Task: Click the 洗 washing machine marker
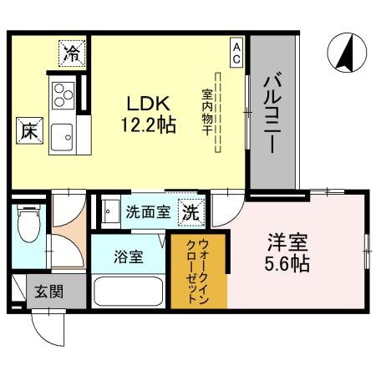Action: click(191, 212)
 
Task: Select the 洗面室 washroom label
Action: click(148, 212)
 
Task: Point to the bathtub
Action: click(129, 292)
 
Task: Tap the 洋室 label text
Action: click(288, 244)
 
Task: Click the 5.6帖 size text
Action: click(288, 264)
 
